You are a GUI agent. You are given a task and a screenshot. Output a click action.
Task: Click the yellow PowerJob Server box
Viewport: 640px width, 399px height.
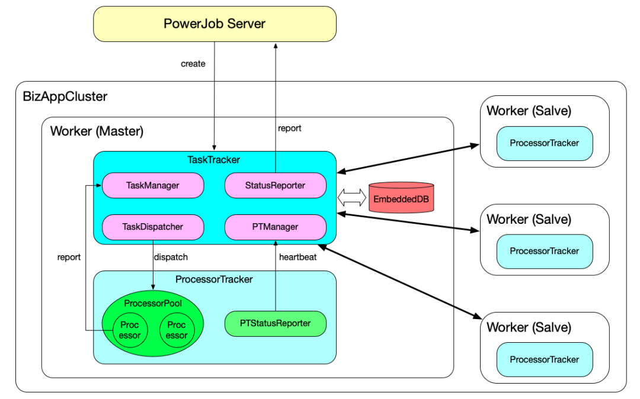(215, 24)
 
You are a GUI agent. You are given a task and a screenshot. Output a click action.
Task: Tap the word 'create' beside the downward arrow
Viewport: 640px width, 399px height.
(193, 63)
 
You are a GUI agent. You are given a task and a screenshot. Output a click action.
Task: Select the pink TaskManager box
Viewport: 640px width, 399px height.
(153, 185)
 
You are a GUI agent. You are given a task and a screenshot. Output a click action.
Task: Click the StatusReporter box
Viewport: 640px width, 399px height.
(275, 185)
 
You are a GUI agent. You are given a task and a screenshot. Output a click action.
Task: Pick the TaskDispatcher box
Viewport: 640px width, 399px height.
(153, 227)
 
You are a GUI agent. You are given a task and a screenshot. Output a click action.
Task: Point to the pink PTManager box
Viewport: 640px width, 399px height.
(275, 227)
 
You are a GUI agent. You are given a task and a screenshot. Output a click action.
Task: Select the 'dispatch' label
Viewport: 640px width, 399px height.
(171, 258)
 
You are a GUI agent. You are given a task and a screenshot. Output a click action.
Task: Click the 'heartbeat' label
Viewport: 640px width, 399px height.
(297, 258)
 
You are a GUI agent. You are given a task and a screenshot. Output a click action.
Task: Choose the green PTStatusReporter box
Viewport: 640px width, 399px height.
(275, 323)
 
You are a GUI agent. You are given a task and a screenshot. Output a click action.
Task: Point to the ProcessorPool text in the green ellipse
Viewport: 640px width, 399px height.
(153, 303)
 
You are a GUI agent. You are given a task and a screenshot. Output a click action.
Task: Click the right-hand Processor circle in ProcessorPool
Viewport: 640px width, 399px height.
(176, 330)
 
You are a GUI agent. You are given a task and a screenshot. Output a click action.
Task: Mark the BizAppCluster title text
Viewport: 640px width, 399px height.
(65, 96)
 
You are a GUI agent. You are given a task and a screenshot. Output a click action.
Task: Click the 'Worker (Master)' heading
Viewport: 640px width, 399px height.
(97, 131)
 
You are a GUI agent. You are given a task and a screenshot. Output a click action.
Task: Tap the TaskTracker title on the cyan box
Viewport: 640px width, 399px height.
(214, 160)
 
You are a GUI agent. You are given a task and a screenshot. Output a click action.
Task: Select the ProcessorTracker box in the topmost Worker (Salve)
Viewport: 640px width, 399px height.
(544, 143)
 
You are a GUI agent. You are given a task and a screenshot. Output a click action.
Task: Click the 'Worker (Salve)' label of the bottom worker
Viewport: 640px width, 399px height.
(529, 327)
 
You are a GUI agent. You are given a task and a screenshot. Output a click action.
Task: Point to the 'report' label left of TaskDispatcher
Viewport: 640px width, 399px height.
(69, 258)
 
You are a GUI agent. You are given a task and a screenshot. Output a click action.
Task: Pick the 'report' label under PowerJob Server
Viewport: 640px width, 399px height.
(289, 128)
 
